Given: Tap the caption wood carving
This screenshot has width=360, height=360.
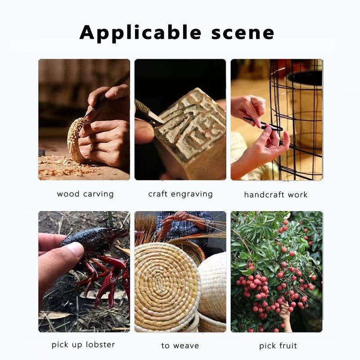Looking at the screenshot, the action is (x=85, y=194).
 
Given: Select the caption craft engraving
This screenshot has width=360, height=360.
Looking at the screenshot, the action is (x=180, y=194).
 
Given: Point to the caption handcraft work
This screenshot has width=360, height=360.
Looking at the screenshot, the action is (x=276, y=195).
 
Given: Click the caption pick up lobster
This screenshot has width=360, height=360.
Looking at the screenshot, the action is (x=83, y=345).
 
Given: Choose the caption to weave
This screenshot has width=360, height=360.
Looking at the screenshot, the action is (x=180, y=346).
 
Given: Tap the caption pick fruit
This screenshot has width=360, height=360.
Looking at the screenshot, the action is (x=278, y=346).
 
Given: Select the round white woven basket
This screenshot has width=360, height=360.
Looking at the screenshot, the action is (x=212, y=287).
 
